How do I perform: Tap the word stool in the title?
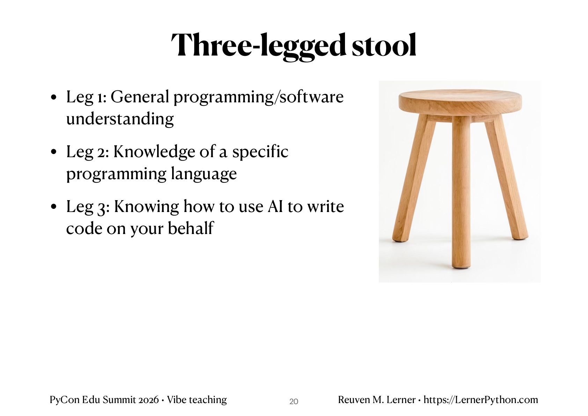click(x=384, y=45)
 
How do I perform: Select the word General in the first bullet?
click(x=140, y=97)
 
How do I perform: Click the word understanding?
click(x=120, y=119)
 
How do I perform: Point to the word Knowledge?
click(x=154, y=152)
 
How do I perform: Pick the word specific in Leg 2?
click(x=260, y=152)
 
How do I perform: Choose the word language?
click(x=204, y=174)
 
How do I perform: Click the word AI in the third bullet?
click(x=275, y=206)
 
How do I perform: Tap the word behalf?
click(x=191, y=228)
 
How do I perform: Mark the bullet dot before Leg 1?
click(x=53, y=97)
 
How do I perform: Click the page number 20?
click(x=294, y=402)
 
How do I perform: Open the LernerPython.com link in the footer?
click(x=481, y=400)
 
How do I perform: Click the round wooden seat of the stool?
click(x=460, y=102)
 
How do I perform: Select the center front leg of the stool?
click(x=461, y=192)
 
